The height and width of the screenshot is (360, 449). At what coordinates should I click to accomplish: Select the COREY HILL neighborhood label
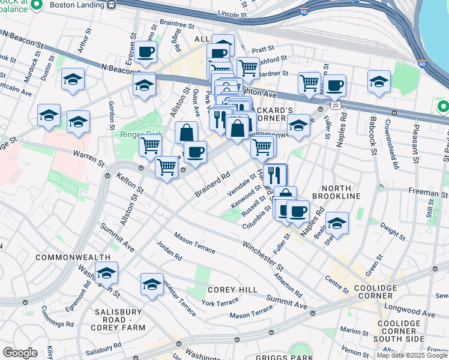[232, 289]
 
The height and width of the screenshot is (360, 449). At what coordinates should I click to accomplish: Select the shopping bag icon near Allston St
[187, 131]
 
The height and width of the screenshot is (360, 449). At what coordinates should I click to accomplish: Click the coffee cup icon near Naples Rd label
[298, 211]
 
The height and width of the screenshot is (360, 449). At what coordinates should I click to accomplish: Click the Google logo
[20, 353]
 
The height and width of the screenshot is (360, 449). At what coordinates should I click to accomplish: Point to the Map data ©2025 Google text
[411, 355]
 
